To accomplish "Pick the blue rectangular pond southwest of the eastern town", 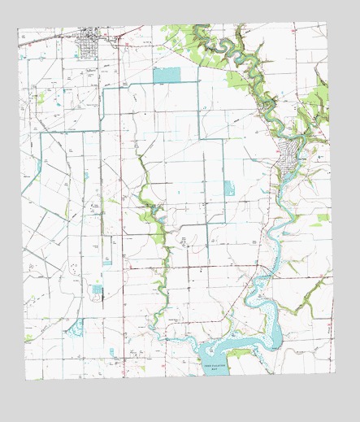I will (229, 190).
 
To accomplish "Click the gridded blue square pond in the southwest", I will (98, 290).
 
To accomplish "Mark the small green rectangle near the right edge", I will (322, 218).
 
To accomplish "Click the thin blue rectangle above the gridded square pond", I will (106, 263).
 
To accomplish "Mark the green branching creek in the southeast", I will (313, 293).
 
